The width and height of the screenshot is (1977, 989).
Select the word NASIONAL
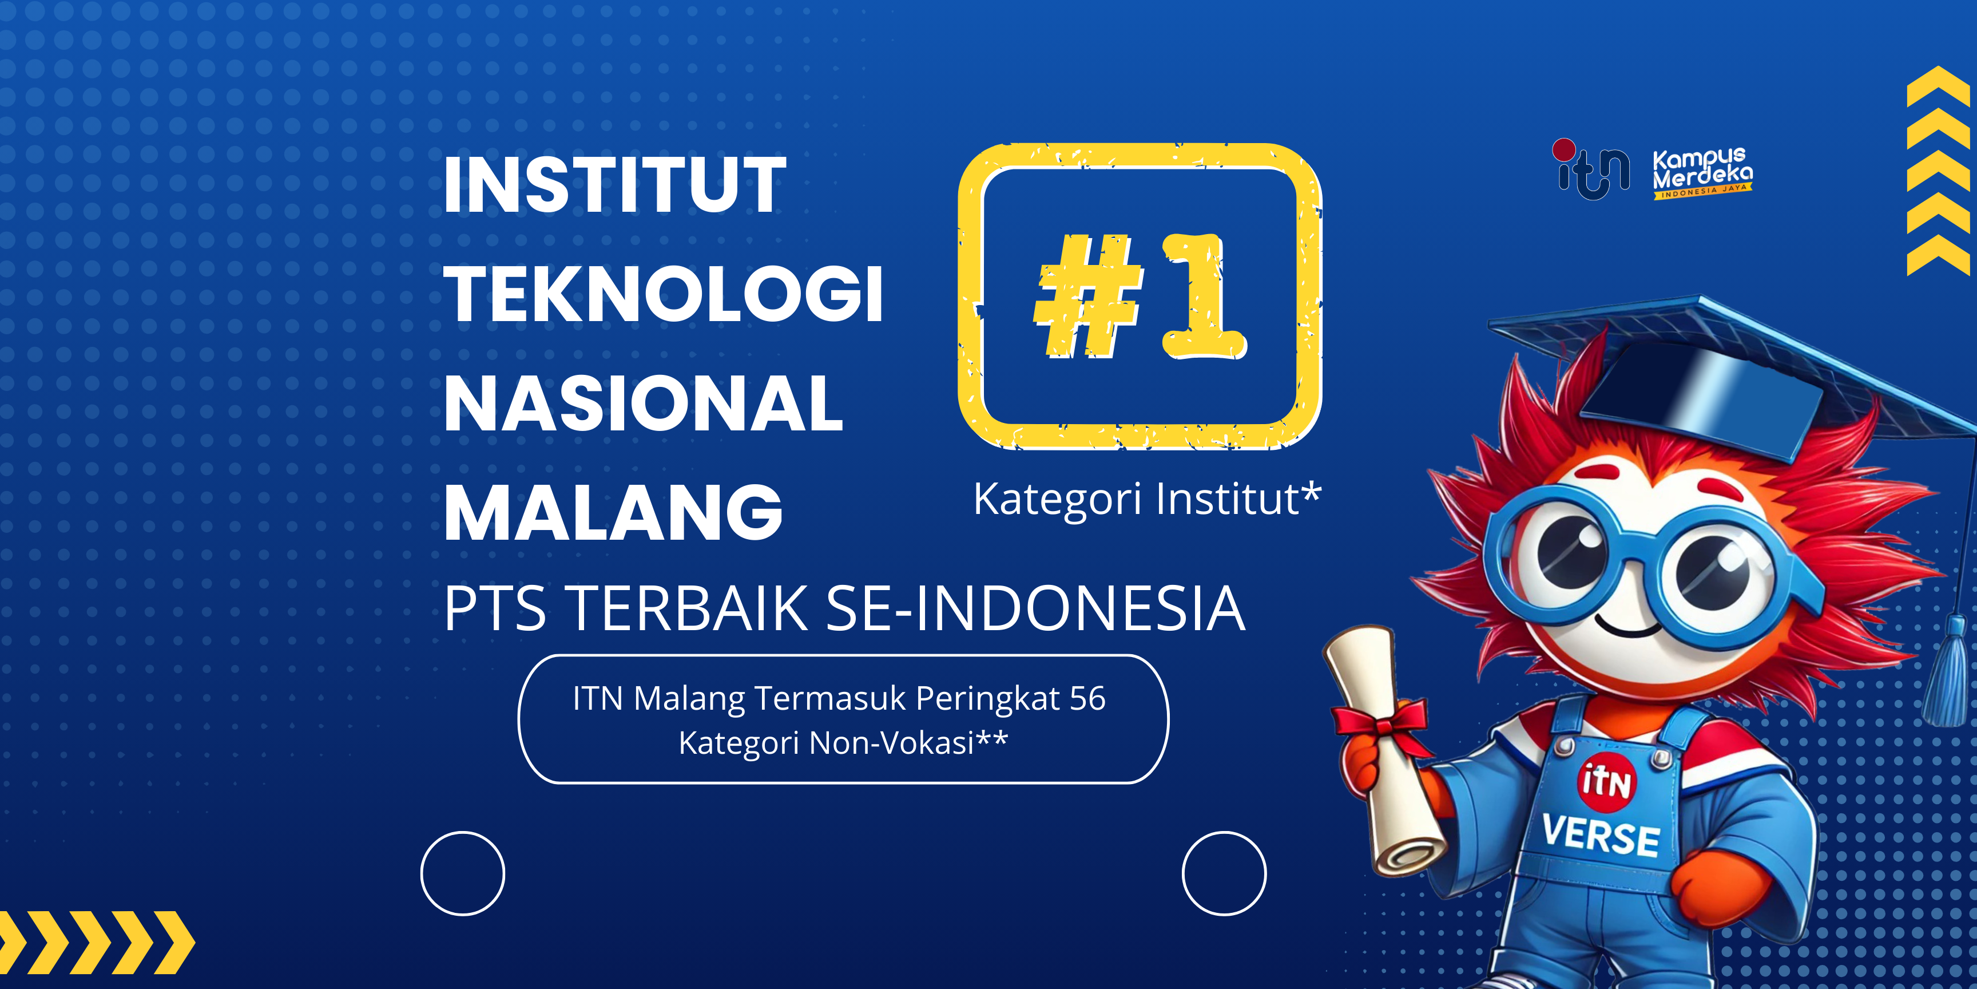[x=643, y=404]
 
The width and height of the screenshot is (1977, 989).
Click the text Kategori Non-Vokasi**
[x=843, y=742]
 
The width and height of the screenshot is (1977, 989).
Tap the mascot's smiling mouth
[x=1627, y=628]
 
